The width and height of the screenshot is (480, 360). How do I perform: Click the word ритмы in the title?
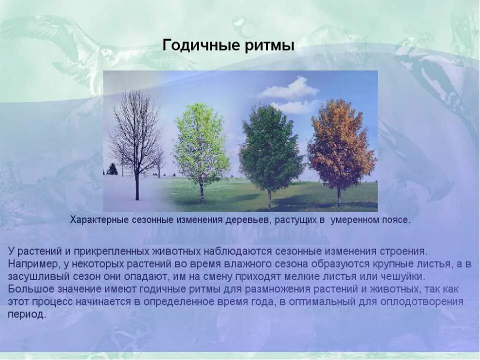pyautogui.click(x=272, y=45)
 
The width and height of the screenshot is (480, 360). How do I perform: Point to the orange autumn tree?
pyautogui.click(x=341, y=140)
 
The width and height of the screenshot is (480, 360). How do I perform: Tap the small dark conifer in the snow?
pyautogui.click(x=112, y=169)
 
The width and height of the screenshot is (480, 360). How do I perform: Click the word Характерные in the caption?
pyautogui.click(x=98, y=220)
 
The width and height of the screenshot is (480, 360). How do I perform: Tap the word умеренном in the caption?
pyautogui.click(x=354, y=220)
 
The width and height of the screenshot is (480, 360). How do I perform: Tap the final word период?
pyautogui.click(x=26, y=315)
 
